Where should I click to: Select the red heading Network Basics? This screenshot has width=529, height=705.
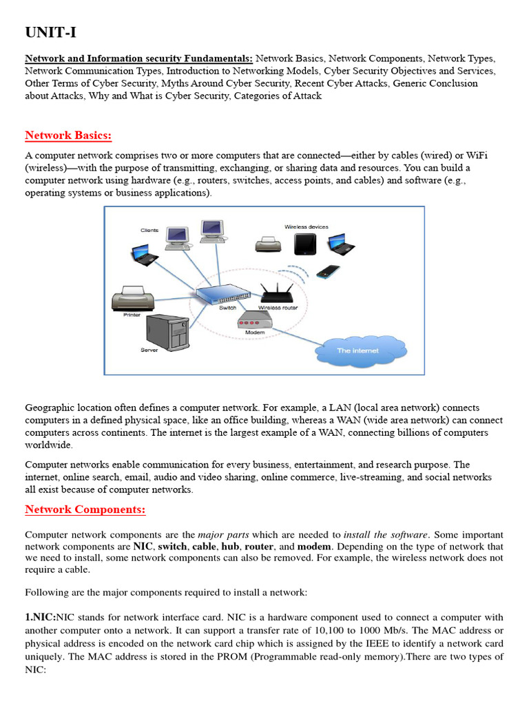pos(68,134)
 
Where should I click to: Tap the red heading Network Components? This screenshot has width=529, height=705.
pos(85,509)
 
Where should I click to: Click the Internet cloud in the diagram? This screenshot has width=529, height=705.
pos(357,350)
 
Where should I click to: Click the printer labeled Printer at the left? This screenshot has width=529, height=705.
pos(132,297)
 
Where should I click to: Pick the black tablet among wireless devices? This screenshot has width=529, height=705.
pos(304,244)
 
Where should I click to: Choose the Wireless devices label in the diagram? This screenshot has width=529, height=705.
pos(307,227)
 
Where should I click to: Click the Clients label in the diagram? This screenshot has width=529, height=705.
pos(149,230)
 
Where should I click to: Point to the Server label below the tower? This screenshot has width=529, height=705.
pos(149,350)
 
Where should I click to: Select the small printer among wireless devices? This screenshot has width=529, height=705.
pos(267,244)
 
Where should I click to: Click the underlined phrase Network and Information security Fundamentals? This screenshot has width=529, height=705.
pos(138,59)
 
